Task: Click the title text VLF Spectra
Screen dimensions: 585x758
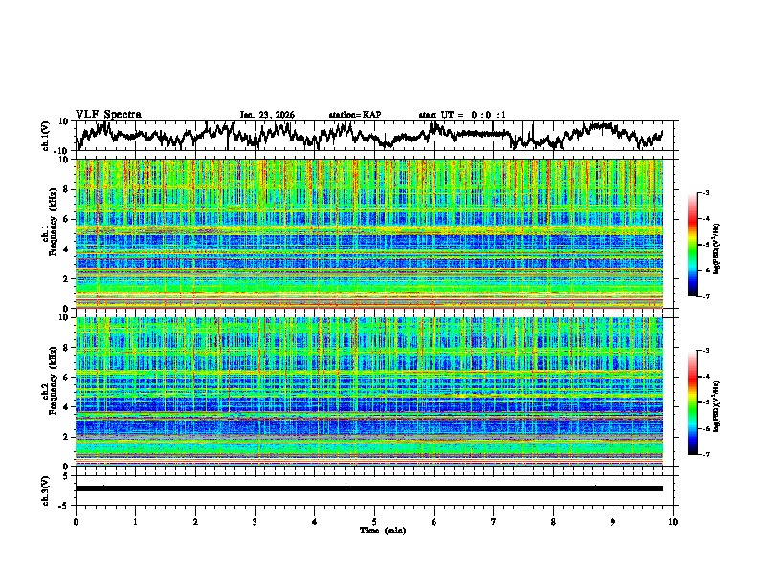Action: pyautogui.click(x=108, y=114)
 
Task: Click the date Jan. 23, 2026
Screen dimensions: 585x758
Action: pyautogui.click(x=267, y=115)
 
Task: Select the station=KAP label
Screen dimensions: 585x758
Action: pyautogui.click(x=354, y=115)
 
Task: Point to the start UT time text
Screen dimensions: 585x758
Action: pyautogui.click(x=462, y=115)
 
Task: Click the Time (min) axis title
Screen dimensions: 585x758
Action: pyautogui.click(x=374, y=530)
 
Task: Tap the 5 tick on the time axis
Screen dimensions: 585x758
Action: pyautogui.click(x=374, y=521)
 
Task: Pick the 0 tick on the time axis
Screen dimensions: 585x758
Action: pyautogui.click(x=76, y=521)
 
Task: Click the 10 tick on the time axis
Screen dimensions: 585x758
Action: pyautogui.click(x=673, y=521)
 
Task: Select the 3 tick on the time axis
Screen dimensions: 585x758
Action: pyautogui.click(x=255, y=521)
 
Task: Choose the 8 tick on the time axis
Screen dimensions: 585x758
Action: pyautogui.click(x=553, y=521)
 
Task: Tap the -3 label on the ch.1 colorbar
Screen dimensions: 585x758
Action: pyautogui.click(x=704, y=193)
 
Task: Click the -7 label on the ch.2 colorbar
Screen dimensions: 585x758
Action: pyautogui.click(x=704, y=455)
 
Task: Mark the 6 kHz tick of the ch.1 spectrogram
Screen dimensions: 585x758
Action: pyautogui.click(x=68, y=219)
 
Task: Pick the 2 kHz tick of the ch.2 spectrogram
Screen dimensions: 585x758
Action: pyautogui.click(x=68, y=437)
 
